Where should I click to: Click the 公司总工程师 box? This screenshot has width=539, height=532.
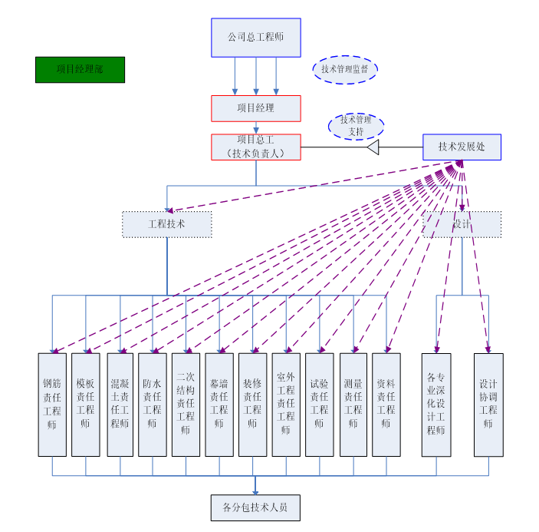tap(255, 37)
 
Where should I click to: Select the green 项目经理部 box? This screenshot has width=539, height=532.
tap(80, 70)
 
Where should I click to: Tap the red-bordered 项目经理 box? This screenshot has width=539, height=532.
tap(255, 108)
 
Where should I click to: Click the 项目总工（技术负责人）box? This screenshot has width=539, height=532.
tap(255, 147)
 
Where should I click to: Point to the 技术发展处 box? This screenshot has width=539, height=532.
tap(462, 147)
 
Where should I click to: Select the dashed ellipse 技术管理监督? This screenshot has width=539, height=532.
tap(345, 69)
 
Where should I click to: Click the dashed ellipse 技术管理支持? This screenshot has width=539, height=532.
tap(356, 126)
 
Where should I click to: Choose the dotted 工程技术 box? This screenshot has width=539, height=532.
tap(166, 224)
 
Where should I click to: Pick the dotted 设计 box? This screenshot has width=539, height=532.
tap(462, 224)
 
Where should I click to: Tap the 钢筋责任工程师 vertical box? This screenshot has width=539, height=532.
tap(52, 405)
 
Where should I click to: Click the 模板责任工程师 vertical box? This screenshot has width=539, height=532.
tap(85, 405)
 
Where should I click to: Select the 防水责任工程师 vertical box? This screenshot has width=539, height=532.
tap(152, 405)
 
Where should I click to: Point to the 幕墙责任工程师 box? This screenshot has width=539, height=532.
tap(219, 405)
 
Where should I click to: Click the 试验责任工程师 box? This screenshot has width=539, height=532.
tap(319, 405)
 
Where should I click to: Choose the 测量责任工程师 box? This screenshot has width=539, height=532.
tap(353, 405)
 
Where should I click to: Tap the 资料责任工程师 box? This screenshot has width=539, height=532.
tap(386, 405)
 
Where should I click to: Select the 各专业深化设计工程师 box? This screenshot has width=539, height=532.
tap(435, 405)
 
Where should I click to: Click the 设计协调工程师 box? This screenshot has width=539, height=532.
tap(488, 405)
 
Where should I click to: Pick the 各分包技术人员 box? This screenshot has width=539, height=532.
tap(255, 507)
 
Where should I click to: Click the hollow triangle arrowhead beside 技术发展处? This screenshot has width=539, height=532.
tap(373, 147)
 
